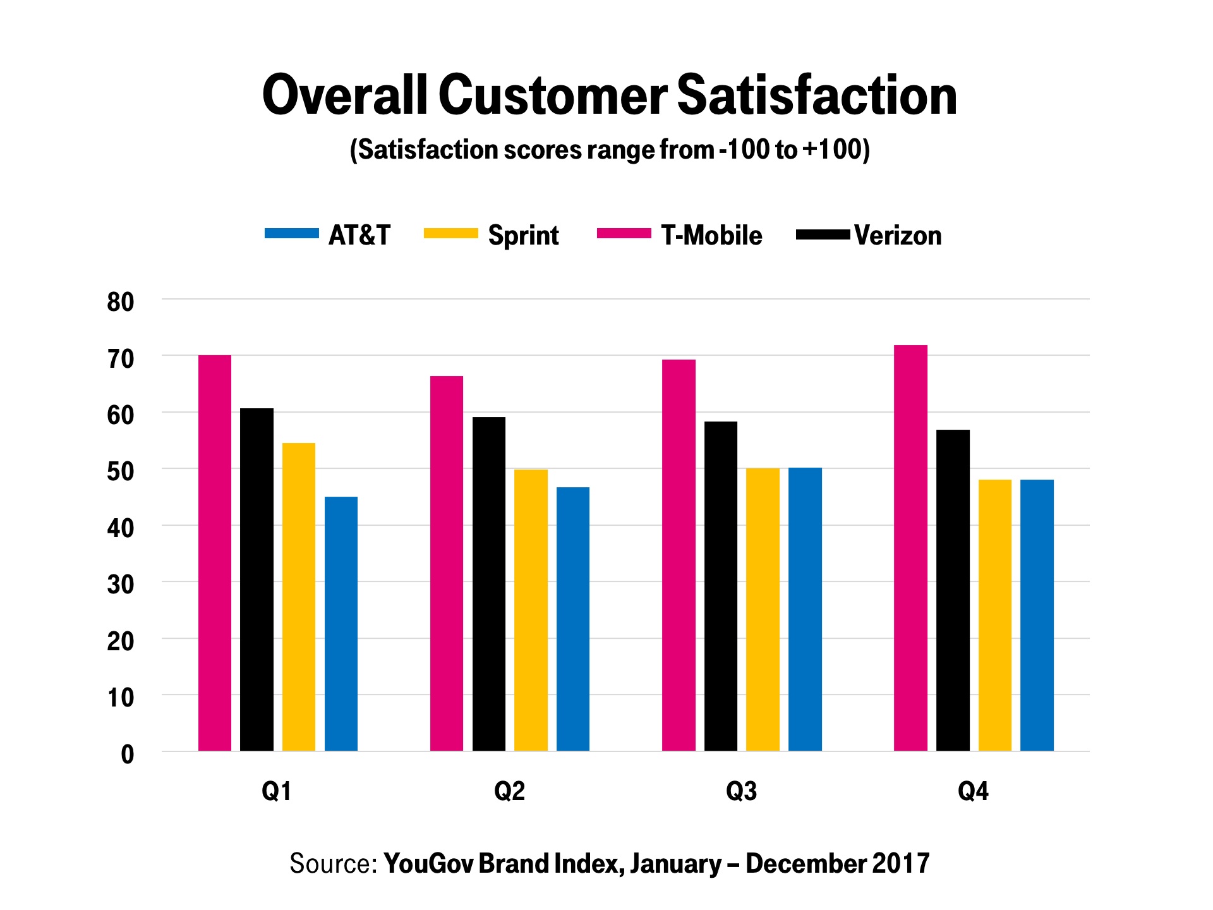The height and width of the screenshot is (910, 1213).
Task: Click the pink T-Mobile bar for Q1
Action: pos(215,553)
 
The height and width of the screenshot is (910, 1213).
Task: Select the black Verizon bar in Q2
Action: pos(489,584)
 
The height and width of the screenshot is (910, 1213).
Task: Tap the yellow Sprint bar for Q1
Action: pos(299,597)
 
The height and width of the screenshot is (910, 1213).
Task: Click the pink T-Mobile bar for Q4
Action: pos(910,548)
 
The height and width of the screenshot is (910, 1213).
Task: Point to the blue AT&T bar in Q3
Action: pos(805,609)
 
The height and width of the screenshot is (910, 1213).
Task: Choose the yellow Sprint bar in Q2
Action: pos(531,610)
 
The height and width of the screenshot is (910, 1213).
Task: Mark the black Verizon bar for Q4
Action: pos(953,590)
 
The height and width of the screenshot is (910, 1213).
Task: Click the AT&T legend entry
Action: pos(359,236)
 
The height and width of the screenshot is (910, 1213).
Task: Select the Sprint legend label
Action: pos(523,236)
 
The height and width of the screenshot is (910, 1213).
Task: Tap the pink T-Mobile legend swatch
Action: pos(624,234)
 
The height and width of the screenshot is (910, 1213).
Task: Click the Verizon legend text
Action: pos(898,236)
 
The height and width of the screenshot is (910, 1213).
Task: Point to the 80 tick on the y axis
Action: pos(121,302)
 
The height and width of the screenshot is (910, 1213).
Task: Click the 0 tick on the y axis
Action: pos(128,755)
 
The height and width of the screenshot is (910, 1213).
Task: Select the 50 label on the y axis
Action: pos(121,471)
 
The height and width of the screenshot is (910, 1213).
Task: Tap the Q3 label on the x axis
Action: pos(741,791)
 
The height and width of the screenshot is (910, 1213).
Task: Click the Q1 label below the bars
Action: pos(277,791)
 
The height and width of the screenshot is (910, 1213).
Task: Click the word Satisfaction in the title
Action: pos(817,96)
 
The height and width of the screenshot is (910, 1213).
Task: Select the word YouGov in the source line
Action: pos(428,864)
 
